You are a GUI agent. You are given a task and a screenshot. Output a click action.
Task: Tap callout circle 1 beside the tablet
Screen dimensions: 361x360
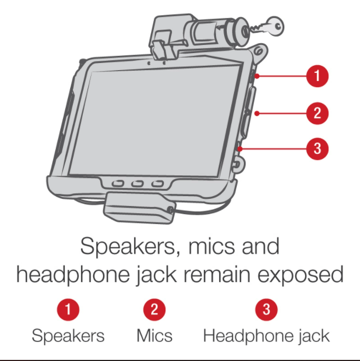[317, 76]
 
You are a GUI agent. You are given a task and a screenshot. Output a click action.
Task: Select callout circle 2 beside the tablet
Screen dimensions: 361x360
[317, 114]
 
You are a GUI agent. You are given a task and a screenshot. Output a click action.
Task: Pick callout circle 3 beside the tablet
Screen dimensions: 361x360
[317, 148]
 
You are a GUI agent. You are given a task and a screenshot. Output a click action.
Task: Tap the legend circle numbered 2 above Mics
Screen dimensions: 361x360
[154, 310]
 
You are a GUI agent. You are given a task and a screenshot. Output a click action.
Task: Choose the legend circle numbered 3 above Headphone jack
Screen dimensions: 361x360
[266, 310]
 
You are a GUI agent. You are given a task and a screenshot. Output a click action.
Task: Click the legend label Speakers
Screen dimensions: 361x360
[68, 335]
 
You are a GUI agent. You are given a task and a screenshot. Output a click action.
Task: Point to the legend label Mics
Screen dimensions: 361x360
[154, 335]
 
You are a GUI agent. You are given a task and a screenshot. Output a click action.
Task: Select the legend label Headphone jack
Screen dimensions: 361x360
[266, 335]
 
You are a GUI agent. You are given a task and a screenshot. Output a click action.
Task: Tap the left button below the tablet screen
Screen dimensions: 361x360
[117, 184]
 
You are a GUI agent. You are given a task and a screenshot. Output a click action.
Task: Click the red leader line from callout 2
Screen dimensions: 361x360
[279, 114]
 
